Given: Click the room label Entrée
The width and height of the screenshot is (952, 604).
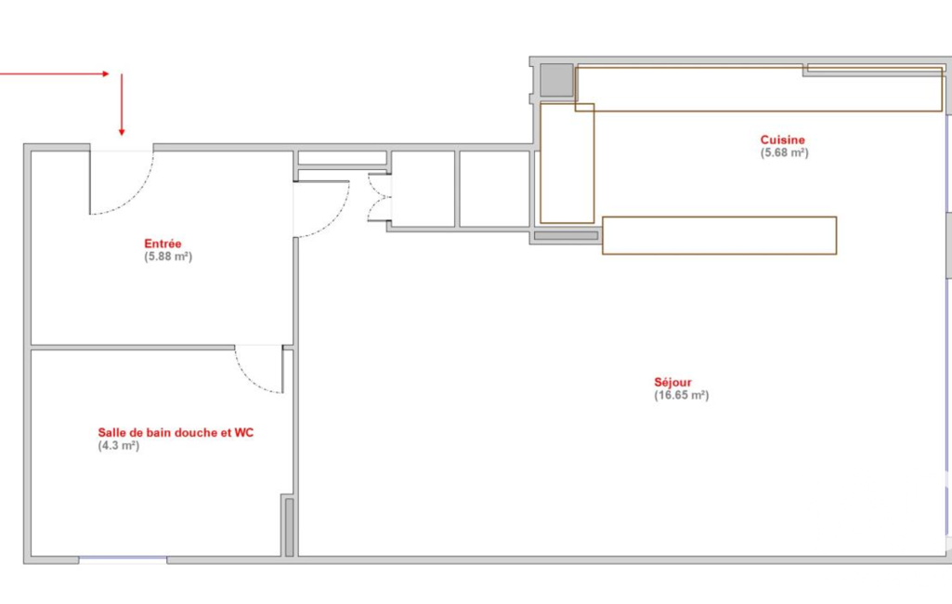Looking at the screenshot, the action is (163, 243).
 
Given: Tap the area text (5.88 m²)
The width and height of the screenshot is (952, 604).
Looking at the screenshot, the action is (168, 256).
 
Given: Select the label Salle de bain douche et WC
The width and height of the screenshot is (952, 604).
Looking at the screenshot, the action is (176, 433).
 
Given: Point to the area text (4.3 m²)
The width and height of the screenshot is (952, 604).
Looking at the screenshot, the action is (118, 445).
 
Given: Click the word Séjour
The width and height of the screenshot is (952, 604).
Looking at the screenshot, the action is (672, 382).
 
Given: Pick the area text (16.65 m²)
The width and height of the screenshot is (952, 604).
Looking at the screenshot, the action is (681, 395).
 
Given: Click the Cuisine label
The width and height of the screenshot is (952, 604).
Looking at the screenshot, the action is (783, 139).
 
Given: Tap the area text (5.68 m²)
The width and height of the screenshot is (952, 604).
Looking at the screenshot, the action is (785, 152).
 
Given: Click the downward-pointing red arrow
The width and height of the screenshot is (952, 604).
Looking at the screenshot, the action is (122, 104).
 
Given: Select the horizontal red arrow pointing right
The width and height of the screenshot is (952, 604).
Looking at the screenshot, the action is (55, 74).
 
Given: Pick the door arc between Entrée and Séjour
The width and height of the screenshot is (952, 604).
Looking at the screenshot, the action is (334, 218).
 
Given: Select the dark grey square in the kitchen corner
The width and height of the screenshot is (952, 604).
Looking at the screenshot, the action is (556, 80).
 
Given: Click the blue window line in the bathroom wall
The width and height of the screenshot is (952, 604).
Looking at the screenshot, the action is (123, 558).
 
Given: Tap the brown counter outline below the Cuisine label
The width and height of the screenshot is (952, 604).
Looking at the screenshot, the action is (720, 235).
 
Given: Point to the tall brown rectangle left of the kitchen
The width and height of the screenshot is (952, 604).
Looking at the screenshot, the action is (567, 163).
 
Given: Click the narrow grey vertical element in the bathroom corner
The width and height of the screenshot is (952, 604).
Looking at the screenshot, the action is (289, 527).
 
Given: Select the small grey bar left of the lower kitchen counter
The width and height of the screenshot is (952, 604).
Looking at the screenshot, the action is (566, 236).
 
